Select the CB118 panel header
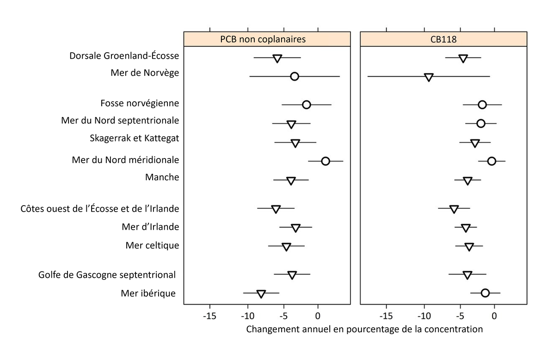[443, 39]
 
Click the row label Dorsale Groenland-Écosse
[124, 56]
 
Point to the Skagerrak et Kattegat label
[134, 138]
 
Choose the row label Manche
[162, 177]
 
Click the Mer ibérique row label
[148, 293]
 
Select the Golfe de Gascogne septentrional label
[107, 275]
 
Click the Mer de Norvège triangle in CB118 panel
[429, 77]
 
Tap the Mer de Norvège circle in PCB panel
[295, 76]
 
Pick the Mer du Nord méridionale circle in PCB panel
[326, 161]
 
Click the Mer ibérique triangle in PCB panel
[261, 294]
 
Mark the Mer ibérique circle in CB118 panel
[485, 293]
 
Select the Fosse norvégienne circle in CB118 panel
[482, 105]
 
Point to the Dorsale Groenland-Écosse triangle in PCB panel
[277, 59]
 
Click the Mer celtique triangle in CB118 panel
[469, 247]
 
